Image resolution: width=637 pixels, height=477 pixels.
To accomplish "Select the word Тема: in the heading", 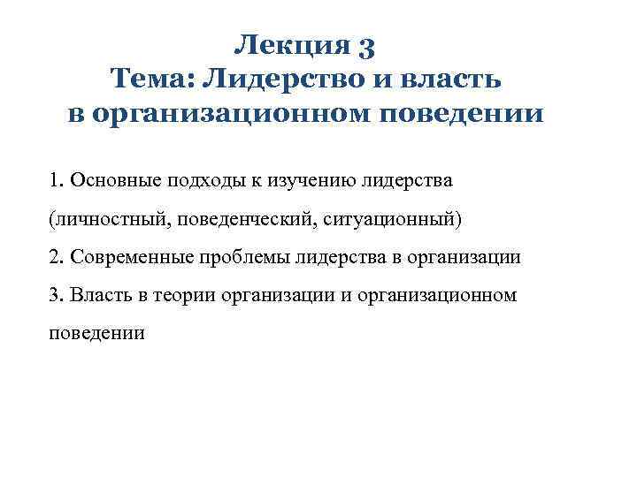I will [153, 79].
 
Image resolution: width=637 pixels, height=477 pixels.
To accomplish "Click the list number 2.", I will [56, 257].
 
